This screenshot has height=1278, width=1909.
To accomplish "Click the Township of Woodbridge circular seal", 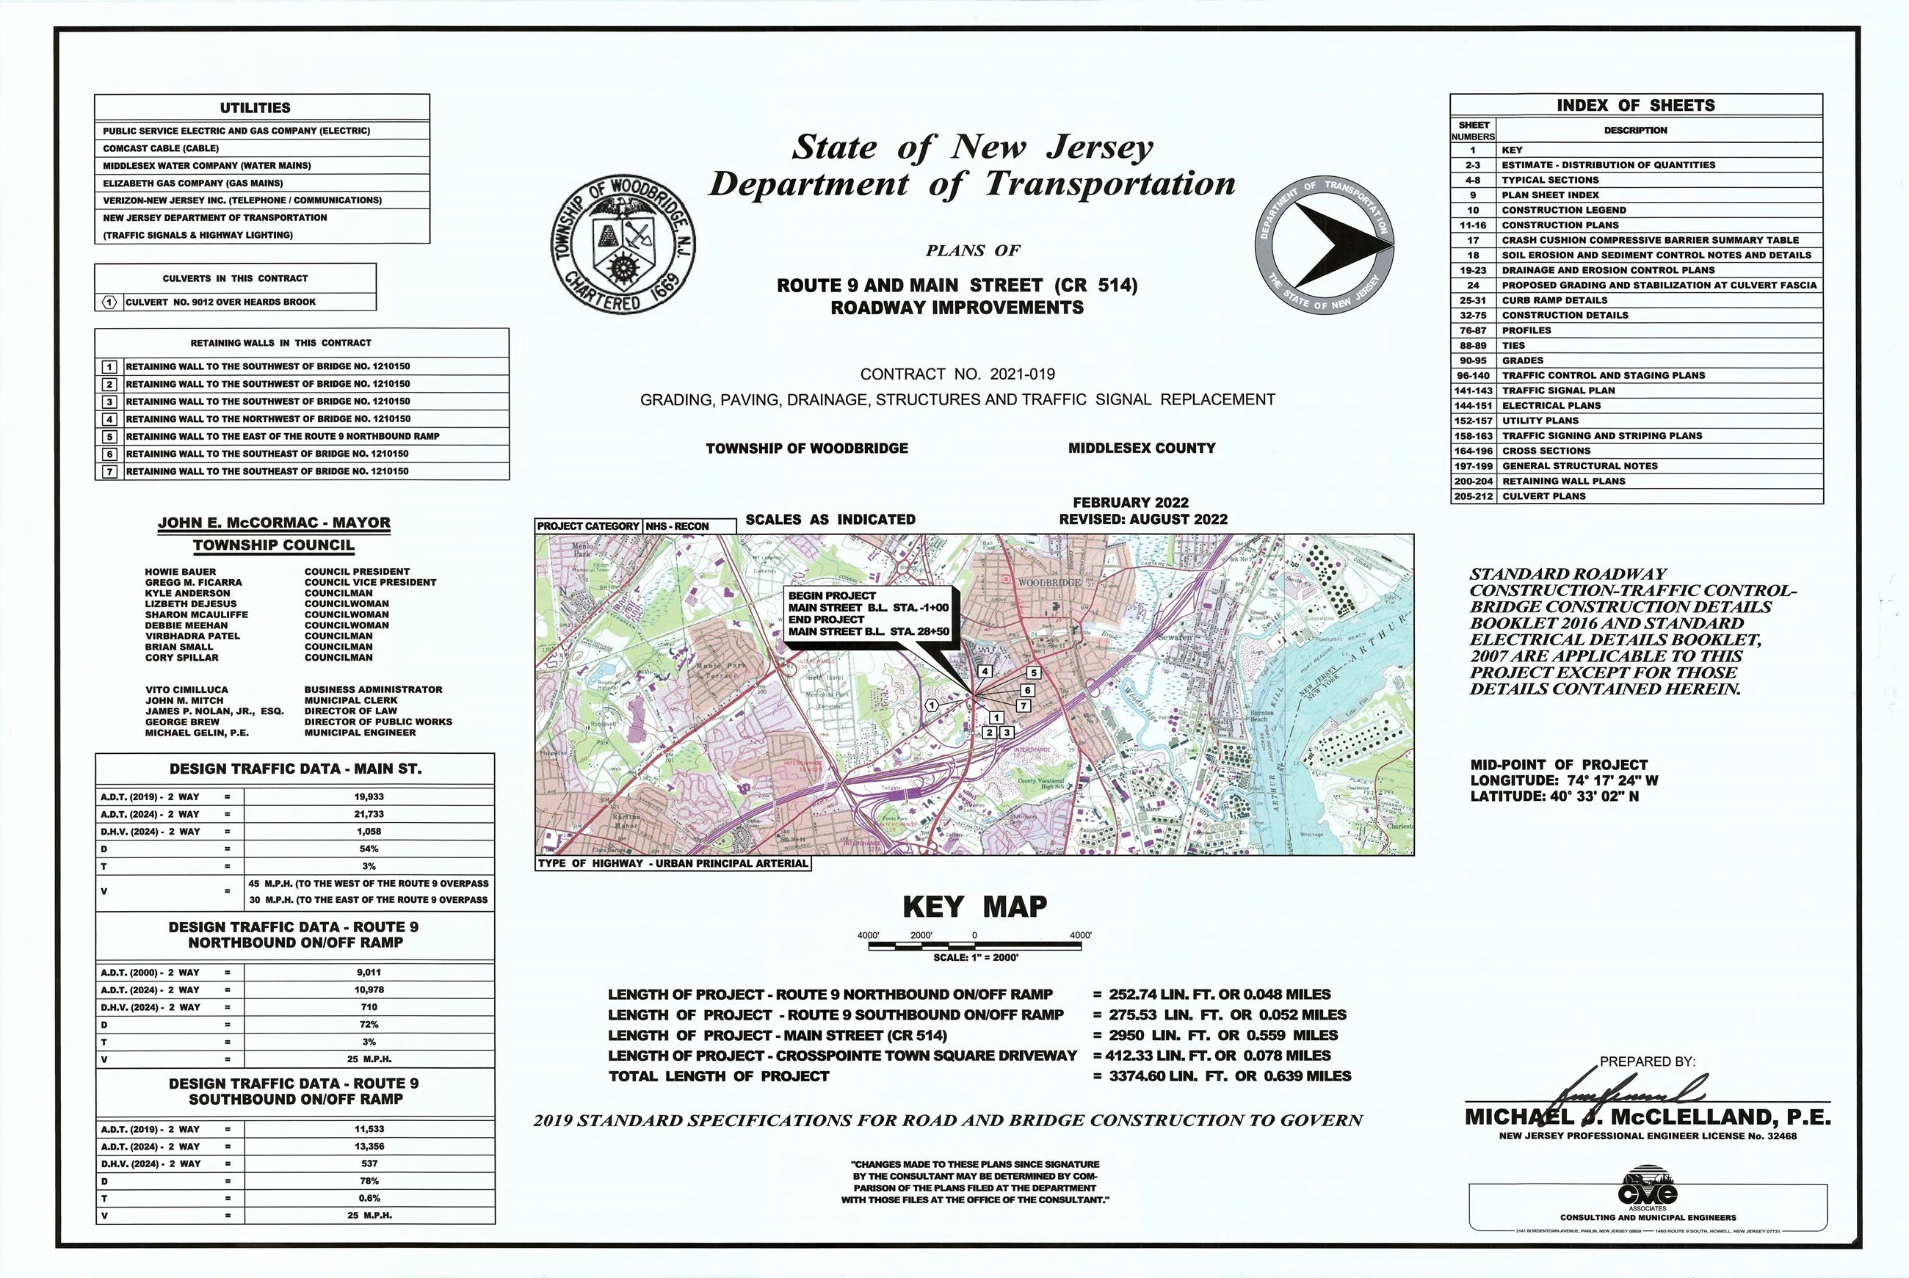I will pos(623,244).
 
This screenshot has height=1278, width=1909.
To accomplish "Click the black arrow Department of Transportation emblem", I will pos(1325,244).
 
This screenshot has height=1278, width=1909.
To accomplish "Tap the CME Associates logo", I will pos(1648,1194).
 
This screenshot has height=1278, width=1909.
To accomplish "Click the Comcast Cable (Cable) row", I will pos(161,148).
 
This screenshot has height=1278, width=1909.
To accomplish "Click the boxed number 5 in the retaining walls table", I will pos(109,437).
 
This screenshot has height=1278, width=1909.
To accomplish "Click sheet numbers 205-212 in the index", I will pos(1474,495).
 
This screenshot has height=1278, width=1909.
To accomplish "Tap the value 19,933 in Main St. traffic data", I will pos(369,797).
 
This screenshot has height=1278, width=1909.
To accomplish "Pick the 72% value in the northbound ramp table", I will pos(369,1025).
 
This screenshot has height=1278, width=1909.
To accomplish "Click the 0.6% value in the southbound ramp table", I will pos(369,1198).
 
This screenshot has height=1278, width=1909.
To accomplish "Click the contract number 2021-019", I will pos(1022,374).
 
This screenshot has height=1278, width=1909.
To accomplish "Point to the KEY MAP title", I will pos(974,907).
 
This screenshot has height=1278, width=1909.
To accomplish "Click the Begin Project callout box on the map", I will pos(868,614).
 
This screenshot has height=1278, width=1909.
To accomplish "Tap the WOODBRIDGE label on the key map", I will pos(1049,583).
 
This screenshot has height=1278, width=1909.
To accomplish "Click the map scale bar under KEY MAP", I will pos(975,946).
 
